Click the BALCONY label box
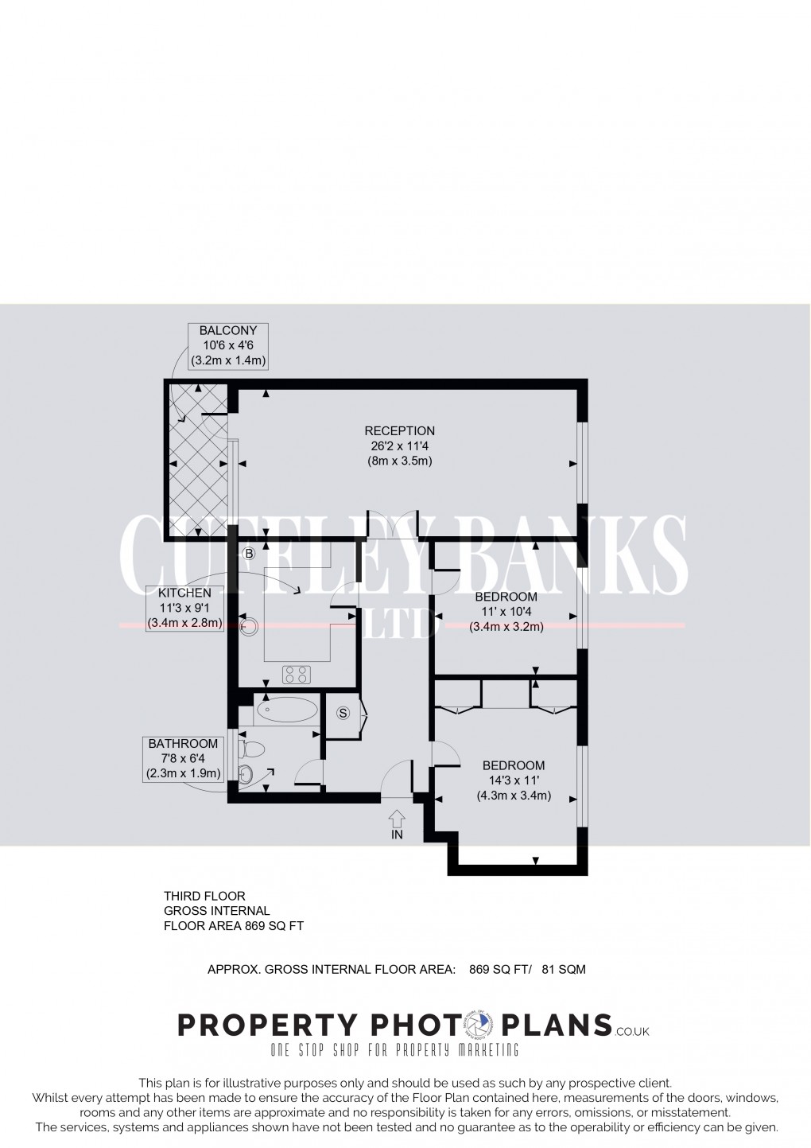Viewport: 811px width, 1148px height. tap(227, 345)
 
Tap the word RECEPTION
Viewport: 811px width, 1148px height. tap(399, 431)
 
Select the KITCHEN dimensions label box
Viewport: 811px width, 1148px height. tap(184, 608)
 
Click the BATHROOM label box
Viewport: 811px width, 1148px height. tap(183, 759)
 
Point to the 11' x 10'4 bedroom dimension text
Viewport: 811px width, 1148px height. tap(506, 612)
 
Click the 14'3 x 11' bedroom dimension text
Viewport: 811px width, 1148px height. tap(514, 780)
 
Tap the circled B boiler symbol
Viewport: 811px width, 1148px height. tap(248, 553)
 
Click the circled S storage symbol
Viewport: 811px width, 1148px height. tap(343, 713)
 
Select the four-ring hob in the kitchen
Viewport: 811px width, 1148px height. tap(297, 675)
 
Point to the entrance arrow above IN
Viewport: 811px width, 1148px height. tap(397, 818)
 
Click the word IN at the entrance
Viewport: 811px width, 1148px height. tap(397, 835)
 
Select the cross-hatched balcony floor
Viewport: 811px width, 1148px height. tap(197, 463)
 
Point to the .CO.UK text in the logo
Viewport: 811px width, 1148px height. tap(632, 1032)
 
